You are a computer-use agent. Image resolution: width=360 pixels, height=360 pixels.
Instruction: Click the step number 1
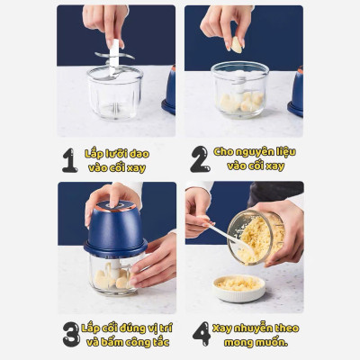[x=69, y=160]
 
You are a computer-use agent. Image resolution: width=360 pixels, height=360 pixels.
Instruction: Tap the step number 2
[x=200, y=159]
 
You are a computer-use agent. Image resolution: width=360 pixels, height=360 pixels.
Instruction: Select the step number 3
[x=71, y=334]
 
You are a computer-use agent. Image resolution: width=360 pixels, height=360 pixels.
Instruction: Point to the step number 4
[x=202, y=334]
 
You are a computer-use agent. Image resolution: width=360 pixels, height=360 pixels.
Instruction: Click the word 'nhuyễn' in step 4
[x=256, y=328]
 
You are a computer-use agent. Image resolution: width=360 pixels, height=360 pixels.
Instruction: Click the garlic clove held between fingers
[x=237, y=45]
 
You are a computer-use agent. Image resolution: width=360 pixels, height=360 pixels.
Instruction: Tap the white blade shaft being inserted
[x=114, y=58]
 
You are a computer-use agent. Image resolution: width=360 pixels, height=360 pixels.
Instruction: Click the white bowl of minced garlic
[x=238, y=288]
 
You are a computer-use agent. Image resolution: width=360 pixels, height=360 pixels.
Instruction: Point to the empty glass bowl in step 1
[x=115, y=92]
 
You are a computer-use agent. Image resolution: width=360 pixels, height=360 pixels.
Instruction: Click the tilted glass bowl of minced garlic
[x=256, y=238]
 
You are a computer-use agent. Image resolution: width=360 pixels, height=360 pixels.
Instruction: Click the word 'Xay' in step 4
[x=222, y=328]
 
